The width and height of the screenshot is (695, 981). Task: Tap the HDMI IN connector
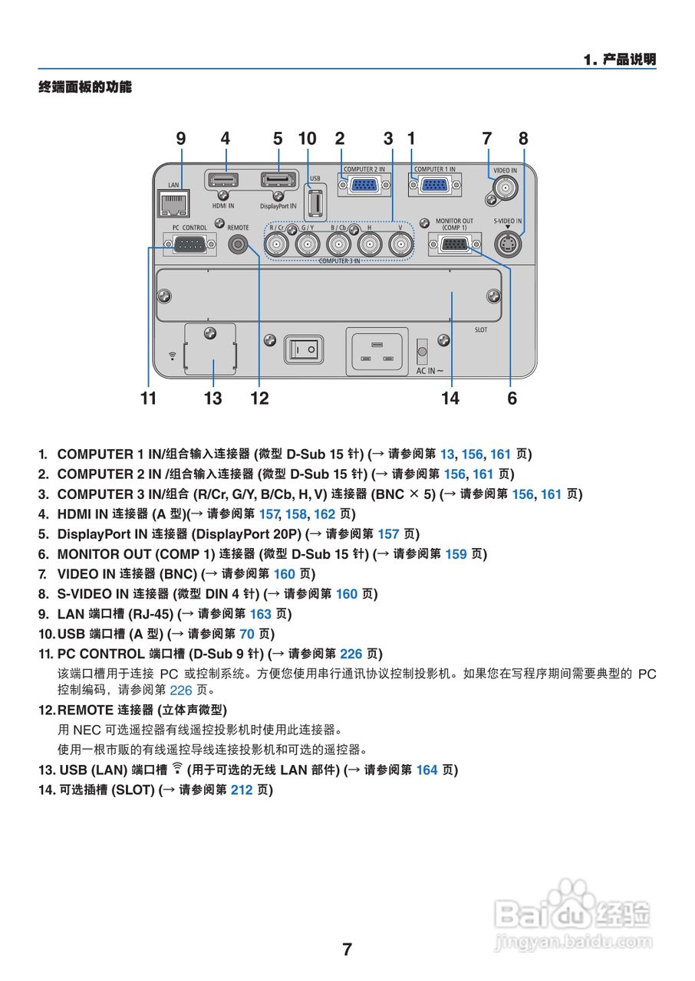click(222, 181)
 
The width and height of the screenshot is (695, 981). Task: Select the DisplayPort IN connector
click(278, 181)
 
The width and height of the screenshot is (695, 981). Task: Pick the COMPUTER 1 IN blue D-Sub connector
click(434, 184)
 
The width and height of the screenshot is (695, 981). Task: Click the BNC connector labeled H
click(369, 244)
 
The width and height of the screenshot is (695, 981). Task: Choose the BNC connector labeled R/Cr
click(277, 244)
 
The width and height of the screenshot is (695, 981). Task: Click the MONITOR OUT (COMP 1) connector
click(454, 244)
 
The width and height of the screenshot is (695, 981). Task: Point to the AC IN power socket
click(376, 351)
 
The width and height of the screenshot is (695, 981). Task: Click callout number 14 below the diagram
click(450, 398)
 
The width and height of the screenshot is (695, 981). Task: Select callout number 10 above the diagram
click(307, 139)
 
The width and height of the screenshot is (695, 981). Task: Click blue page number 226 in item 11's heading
click(351, 654)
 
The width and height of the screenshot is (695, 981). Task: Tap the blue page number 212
click(242, 789)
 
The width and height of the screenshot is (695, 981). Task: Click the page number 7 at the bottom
click(347, 950)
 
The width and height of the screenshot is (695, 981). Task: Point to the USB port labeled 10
click(315, 204)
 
